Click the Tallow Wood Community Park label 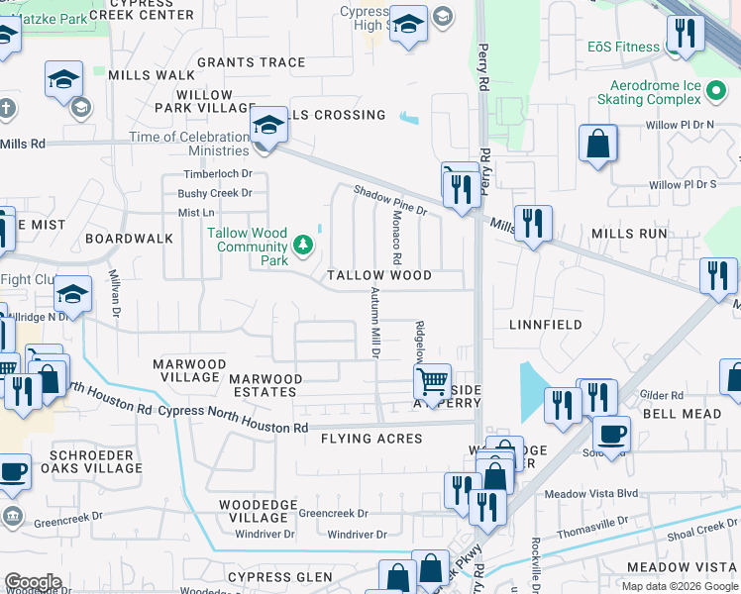[x=248, y=247]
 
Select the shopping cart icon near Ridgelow [x=432, y=380]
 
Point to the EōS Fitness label [x=623, y=47]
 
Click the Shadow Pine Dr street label [x=389, y=201]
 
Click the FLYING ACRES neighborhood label [x=372, y=439]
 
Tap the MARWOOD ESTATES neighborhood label [x=265, y=385]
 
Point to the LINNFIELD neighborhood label [x=545, y=325]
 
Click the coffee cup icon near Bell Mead [x=611, y=433]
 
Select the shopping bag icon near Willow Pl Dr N [x=598, y=144]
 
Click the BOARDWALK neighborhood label [x=129, y=239]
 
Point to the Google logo [x=33, y=582]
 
